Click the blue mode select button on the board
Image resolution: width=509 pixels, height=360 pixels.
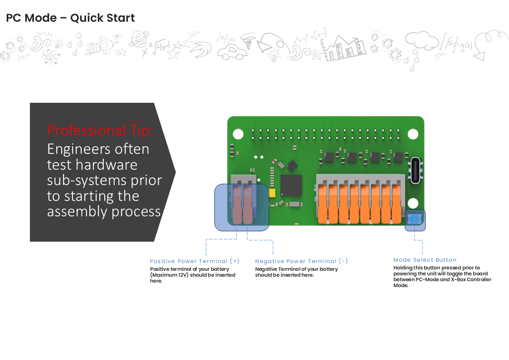tap(414, 220)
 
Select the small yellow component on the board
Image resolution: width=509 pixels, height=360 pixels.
tap(272, 193)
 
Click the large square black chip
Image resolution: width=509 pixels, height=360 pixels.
tap(291, 186)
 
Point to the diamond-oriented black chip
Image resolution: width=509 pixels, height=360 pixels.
tap(292, 165)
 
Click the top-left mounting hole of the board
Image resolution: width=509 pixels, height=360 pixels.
tap(238, 134)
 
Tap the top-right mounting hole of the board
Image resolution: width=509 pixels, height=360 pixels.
tap(412, 134)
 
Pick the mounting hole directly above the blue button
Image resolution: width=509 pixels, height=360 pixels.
tap(412, 202)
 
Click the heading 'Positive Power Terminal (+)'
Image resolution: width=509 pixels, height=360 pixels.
tap(195, 261)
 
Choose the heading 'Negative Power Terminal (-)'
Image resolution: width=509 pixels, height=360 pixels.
tap(301, 261)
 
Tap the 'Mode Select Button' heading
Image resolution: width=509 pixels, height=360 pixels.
tap(425, 260)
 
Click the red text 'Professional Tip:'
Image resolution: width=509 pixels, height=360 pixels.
tap(101, 130)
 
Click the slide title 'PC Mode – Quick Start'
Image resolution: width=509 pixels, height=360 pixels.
tap(70, 18)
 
